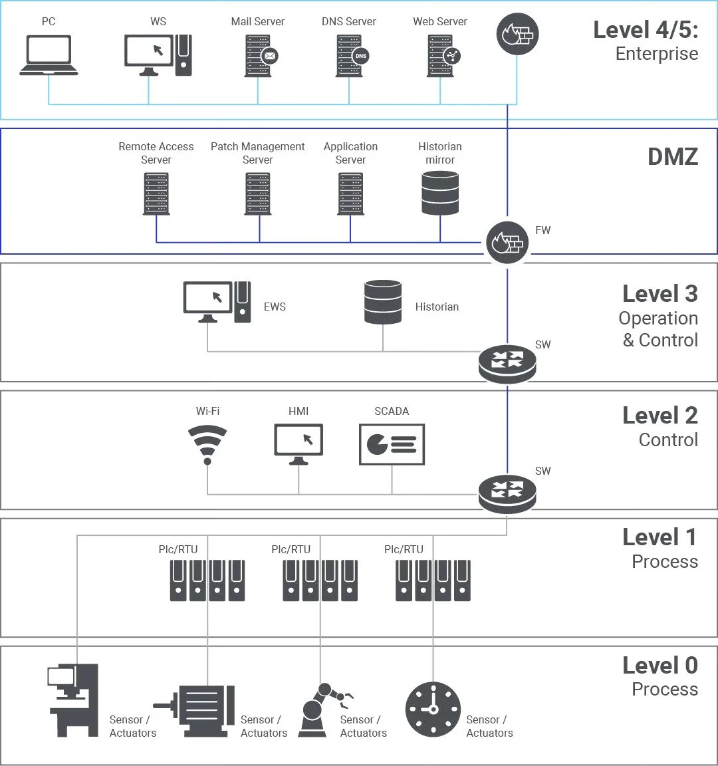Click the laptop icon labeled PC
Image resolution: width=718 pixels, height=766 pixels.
point(49,55)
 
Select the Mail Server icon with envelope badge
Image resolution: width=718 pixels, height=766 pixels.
point(259,55)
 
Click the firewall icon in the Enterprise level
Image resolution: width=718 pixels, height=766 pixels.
point(517,35)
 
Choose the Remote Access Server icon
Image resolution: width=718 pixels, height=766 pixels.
point(156,194)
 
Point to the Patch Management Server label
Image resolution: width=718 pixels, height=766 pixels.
point(257,153)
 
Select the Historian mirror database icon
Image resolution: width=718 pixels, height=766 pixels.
point(440,193)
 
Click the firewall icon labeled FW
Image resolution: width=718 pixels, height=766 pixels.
point(507,242)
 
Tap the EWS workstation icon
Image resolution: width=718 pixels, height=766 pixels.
point(217,302)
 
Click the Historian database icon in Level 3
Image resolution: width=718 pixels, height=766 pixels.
point(383,302)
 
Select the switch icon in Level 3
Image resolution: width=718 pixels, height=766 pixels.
point(507,363)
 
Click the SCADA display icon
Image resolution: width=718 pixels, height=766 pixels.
point(392,444)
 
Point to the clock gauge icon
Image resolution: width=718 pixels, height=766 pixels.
point(433,709)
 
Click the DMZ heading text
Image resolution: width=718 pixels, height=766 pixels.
point(672,157)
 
